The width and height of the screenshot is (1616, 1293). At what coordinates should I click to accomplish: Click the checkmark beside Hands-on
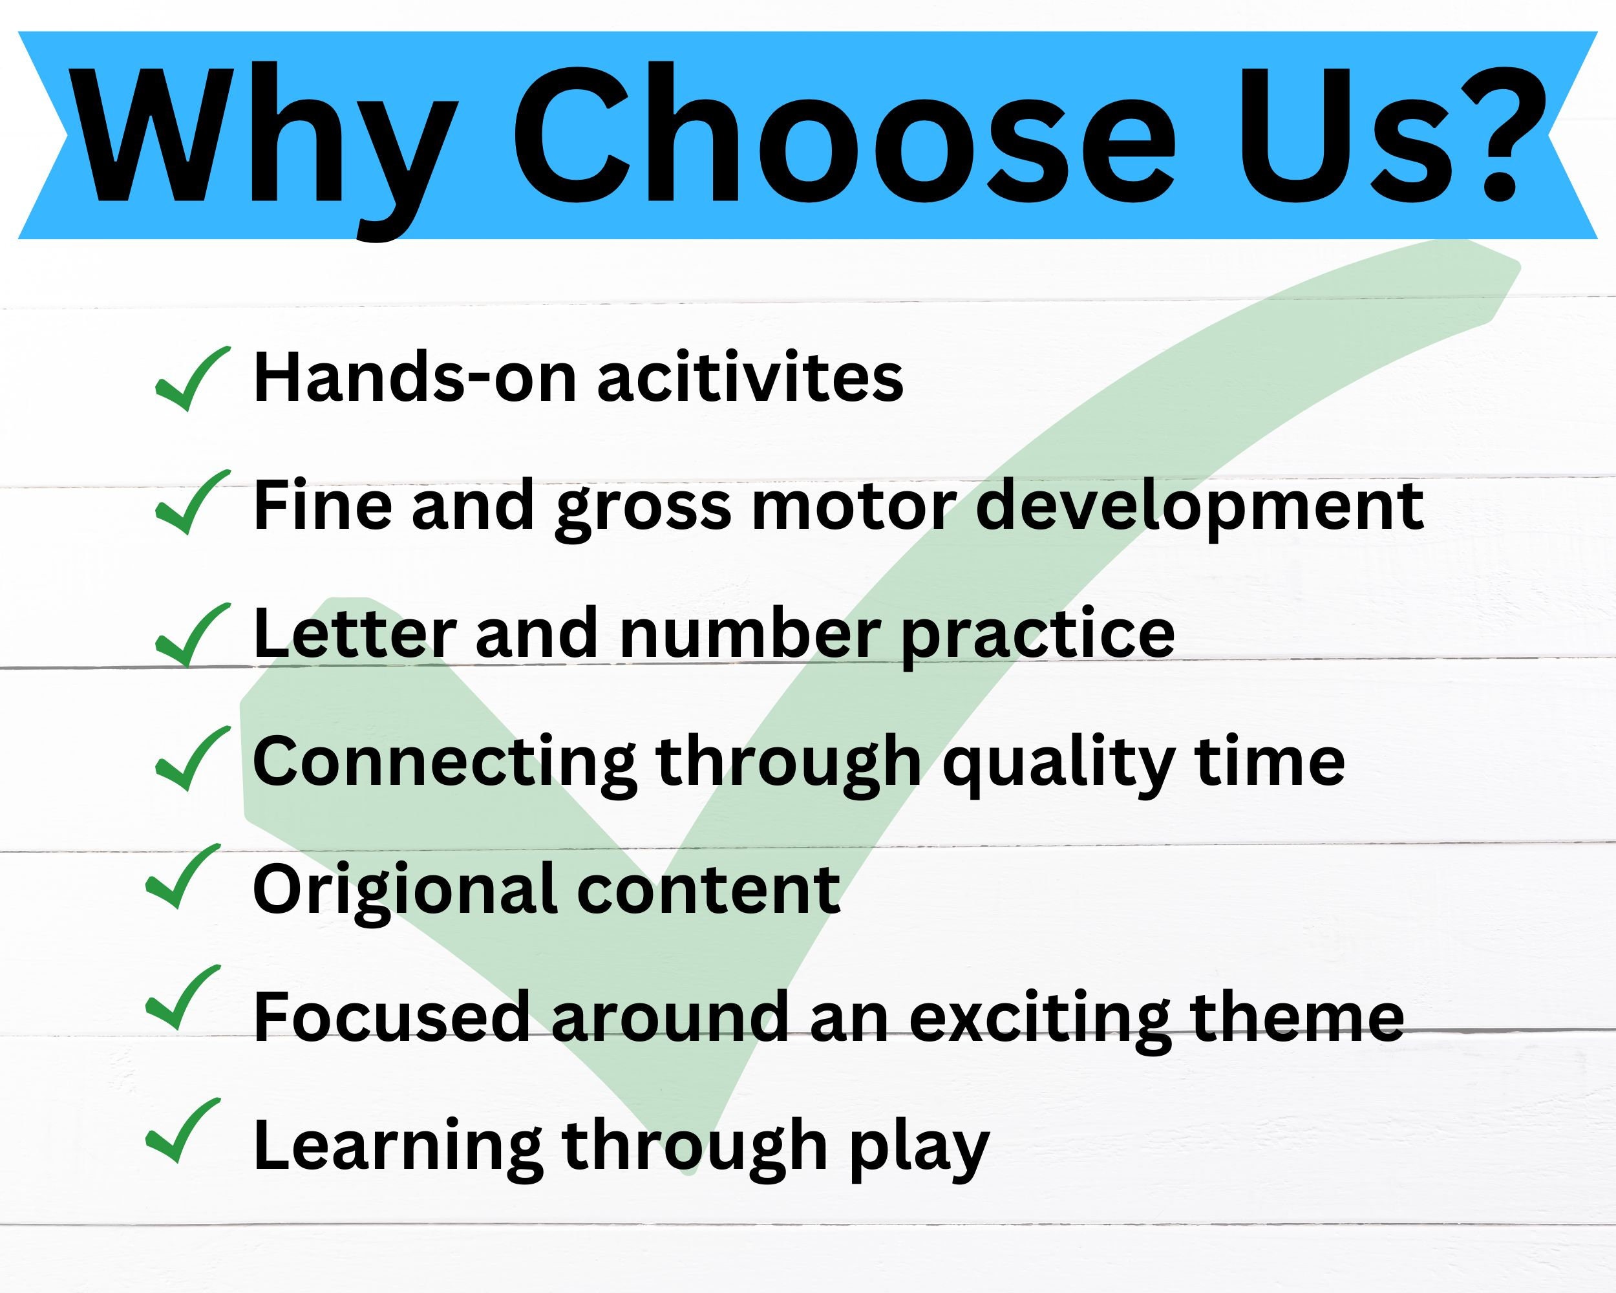192,379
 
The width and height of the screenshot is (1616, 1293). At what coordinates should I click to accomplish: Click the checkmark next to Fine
192,502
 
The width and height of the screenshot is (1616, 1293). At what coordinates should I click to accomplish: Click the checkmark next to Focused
183,997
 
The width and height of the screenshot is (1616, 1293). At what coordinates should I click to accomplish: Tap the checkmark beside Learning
183,1131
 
